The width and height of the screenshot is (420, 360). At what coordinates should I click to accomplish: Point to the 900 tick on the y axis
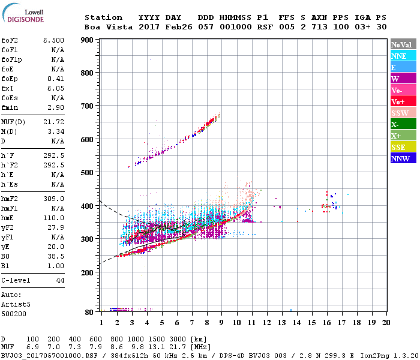tap(88, 40)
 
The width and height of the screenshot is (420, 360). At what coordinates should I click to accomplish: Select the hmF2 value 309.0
tap(53, 198)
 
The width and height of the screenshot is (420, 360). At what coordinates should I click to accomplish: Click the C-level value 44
tap(60, 280)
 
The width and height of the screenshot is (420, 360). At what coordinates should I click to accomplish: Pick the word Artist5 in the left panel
tap(15, 304)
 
